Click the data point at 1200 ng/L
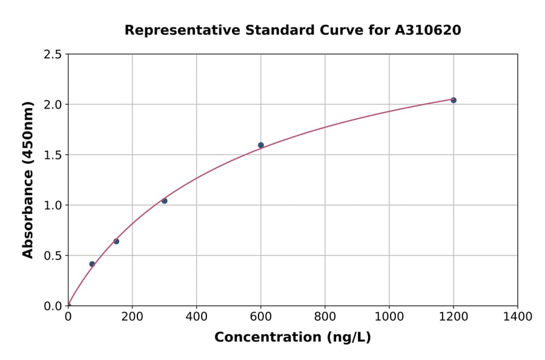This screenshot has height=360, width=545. [454, 100]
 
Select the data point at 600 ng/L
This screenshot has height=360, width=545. [261, 145]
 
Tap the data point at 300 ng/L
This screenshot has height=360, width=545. [164, 201]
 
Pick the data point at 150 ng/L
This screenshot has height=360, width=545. [116, 241]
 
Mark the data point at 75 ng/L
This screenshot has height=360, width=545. [92, 264]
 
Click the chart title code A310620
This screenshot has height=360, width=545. [428, 30]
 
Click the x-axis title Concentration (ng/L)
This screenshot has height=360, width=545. [292, 338]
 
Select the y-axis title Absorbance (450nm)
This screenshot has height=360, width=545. [28, 179]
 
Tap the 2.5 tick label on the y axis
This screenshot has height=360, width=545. [53, 55]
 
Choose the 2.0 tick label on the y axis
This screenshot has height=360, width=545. [53, 105]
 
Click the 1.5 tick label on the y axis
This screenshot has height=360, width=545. [53, 155]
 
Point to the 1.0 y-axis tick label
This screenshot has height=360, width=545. [53, 205]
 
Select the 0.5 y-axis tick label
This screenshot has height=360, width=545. [53, 256]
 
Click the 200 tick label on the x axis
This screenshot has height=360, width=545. [132, 316]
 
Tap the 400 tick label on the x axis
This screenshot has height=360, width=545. [196, 316]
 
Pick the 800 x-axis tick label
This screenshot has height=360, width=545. [325, 316]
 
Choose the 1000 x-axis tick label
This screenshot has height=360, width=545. [389, 316]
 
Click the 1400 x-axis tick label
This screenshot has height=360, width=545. [517, 316]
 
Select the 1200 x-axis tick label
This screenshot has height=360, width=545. [453, 316]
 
